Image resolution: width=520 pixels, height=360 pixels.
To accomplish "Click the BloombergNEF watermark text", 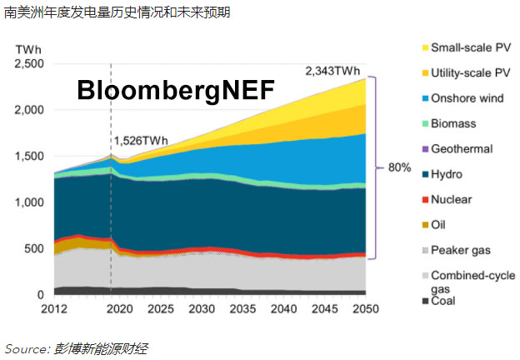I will point(175,90).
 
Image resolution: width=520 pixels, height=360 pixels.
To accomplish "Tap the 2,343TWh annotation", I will point(335,71).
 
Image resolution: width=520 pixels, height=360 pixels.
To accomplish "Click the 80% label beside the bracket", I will point(399,167).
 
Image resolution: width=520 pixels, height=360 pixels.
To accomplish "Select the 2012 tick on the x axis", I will point(53,309).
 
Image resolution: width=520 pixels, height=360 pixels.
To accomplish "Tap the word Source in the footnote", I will point(25,347).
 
